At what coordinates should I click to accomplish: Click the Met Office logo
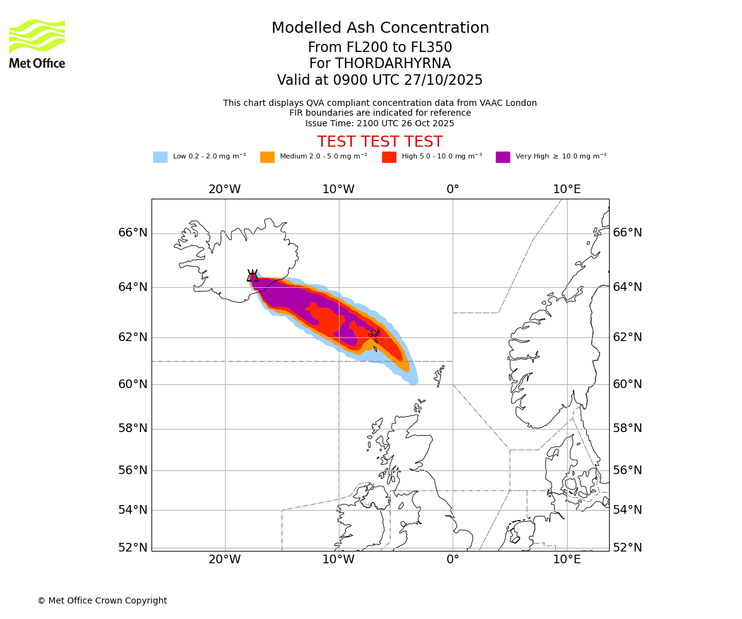37,43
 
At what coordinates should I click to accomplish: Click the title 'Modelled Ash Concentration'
380,28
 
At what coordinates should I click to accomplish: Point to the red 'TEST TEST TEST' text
380,142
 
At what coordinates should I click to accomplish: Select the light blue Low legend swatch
160,157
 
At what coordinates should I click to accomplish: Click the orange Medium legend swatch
267,157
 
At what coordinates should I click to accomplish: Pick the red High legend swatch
389,157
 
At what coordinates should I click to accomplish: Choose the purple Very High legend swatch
503,157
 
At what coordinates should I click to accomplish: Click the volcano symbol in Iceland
252,276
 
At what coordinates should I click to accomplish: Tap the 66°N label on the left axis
133,233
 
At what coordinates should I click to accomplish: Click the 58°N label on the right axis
628,428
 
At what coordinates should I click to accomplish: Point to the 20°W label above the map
224,189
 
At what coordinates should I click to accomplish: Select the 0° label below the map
453,560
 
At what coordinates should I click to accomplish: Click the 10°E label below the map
566,560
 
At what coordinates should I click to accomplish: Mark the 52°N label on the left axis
133,547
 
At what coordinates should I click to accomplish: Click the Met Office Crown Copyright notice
102,600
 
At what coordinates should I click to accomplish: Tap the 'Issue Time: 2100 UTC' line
380,123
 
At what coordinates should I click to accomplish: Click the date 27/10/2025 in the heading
443,80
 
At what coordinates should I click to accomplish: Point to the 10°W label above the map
338,189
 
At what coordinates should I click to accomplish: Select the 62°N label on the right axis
628,337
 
